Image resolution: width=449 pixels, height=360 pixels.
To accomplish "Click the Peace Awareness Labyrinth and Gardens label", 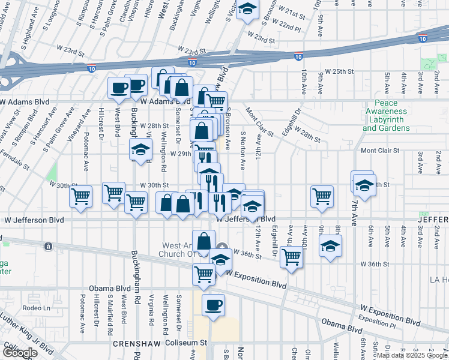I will (386, 115).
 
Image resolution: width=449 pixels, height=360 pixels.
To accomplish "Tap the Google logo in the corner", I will (20, 353).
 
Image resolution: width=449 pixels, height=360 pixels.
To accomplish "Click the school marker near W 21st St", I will (247, 10).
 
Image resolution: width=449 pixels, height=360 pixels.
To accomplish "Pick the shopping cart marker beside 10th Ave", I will (322, 196).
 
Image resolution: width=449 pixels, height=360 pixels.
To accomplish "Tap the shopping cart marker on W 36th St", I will (291, 257).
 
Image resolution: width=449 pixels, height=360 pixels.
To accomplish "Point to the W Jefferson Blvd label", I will (246, 219).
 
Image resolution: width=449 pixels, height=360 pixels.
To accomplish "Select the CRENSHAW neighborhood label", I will (133, 344).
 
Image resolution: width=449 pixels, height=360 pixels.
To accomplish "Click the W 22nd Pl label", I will (286, 27).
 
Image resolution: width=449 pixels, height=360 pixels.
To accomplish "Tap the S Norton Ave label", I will (243, 150).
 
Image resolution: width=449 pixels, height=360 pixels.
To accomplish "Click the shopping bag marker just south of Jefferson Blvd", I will (203, 241).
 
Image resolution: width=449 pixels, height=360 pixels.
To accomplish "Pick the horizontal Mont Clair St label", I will (379, 151).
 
